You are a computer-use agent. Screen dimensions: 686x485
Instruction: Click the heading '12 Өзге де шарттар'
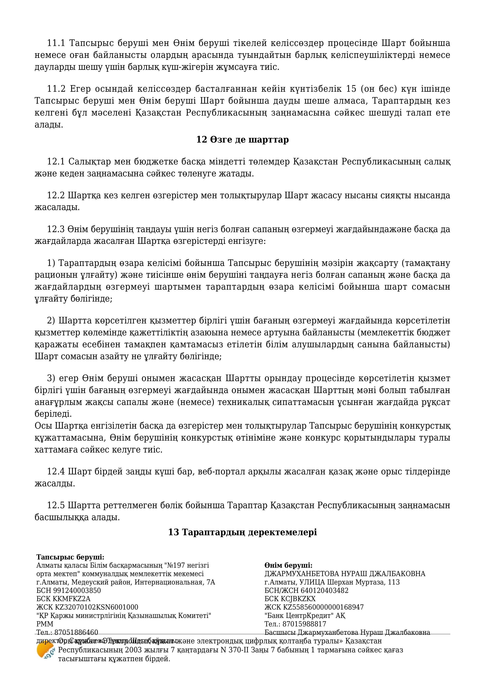click(x=242, y=140)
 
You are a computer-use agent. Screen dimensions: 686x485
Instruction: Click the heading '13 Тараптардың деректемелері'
click(x=242, y=532)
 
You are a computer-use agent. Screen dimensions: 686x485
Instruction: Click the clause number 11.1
click(x=56, y=43)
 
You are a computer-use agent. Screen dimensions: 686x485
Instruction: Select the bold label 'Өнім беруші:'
click(x=288, y=565)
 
